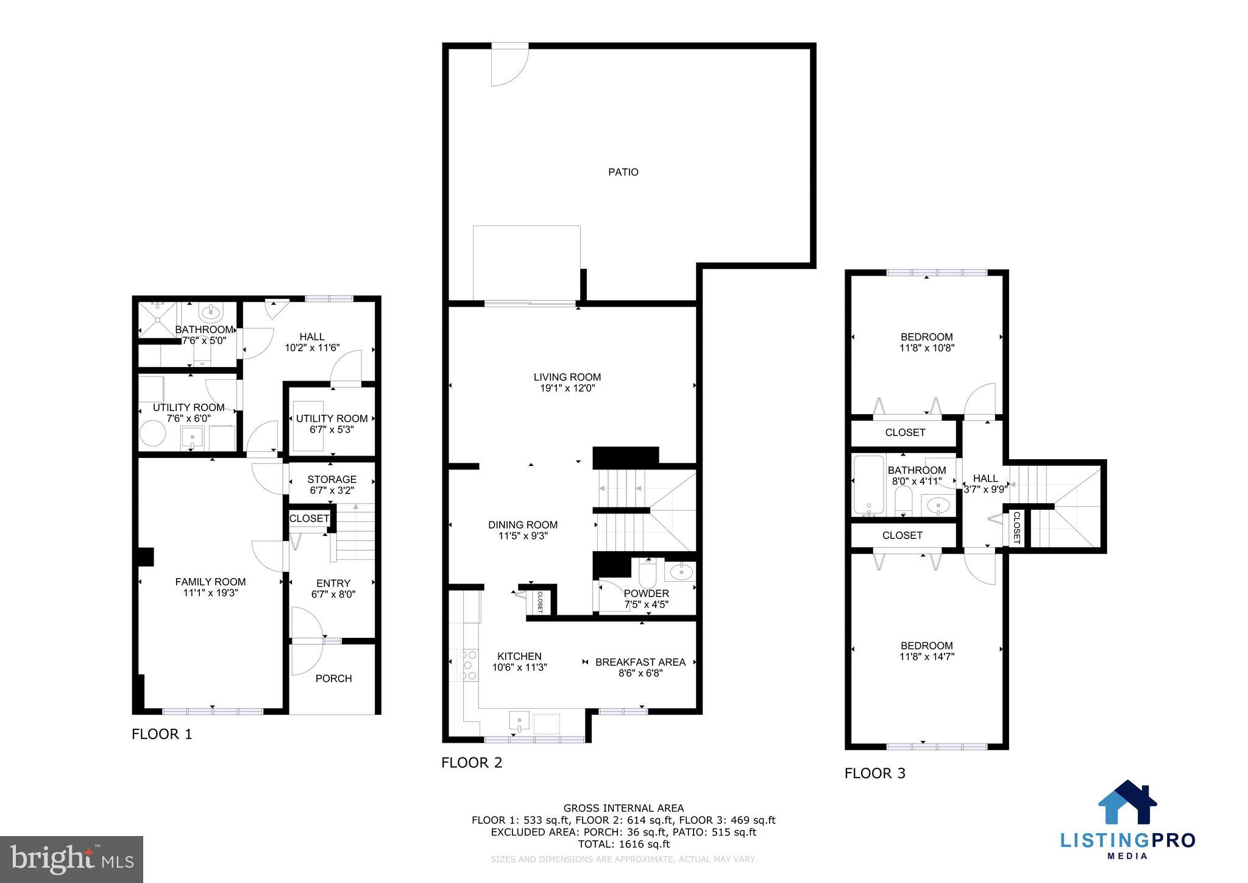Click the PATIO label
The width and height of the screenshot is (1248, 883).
click(x=623, y=173)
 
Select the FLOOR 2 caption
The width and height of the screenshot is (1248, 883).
click(x=472, y=762)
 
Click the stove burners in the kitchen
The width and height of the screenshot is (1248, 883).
click(x=469, y=665)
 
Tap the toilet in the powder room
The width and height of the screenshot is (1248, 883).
click(x=647, y=573)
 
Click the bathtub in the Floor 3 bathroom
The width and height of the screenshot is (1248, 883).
click(x=868, y=485)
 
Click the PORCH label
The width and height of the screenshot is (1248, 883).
click(x=333, y=678)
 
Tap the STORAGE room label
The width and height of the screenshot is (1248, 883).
click(x=331, y=479)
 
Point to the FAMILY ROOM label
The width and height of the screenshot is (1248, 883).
click(x=210, y=582)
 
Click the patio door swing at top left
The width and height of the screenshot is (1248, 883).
click(x=510, y=64)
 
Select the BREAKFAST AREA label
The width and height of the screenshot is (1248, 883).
click(x=640, y=662)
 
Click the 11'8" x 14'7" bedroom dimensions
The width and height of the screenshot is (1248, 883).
click(x=926, y=657)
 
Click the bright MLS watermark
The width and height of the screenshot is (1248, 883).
click(x=72, y=859)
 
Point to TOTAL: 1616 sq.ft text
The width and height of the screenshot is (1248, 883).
click(x=623, y=844)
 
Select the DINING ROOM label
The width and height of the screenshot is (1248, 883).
click(x=522, y=524)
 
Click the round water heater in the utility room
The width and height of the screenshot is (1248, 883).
click(x=152, y=435)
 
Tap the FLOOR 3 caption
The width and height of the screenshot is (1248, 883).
click(x=874, y=773)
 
